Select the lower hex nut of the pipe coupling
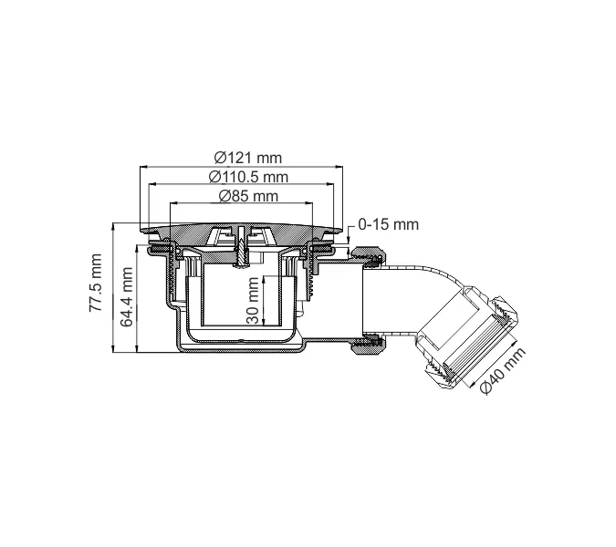click(x=371, y=345)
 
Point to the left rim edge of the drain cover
click(x=143, y=229)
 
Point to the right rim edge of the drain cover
click(x=345, y=229)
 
